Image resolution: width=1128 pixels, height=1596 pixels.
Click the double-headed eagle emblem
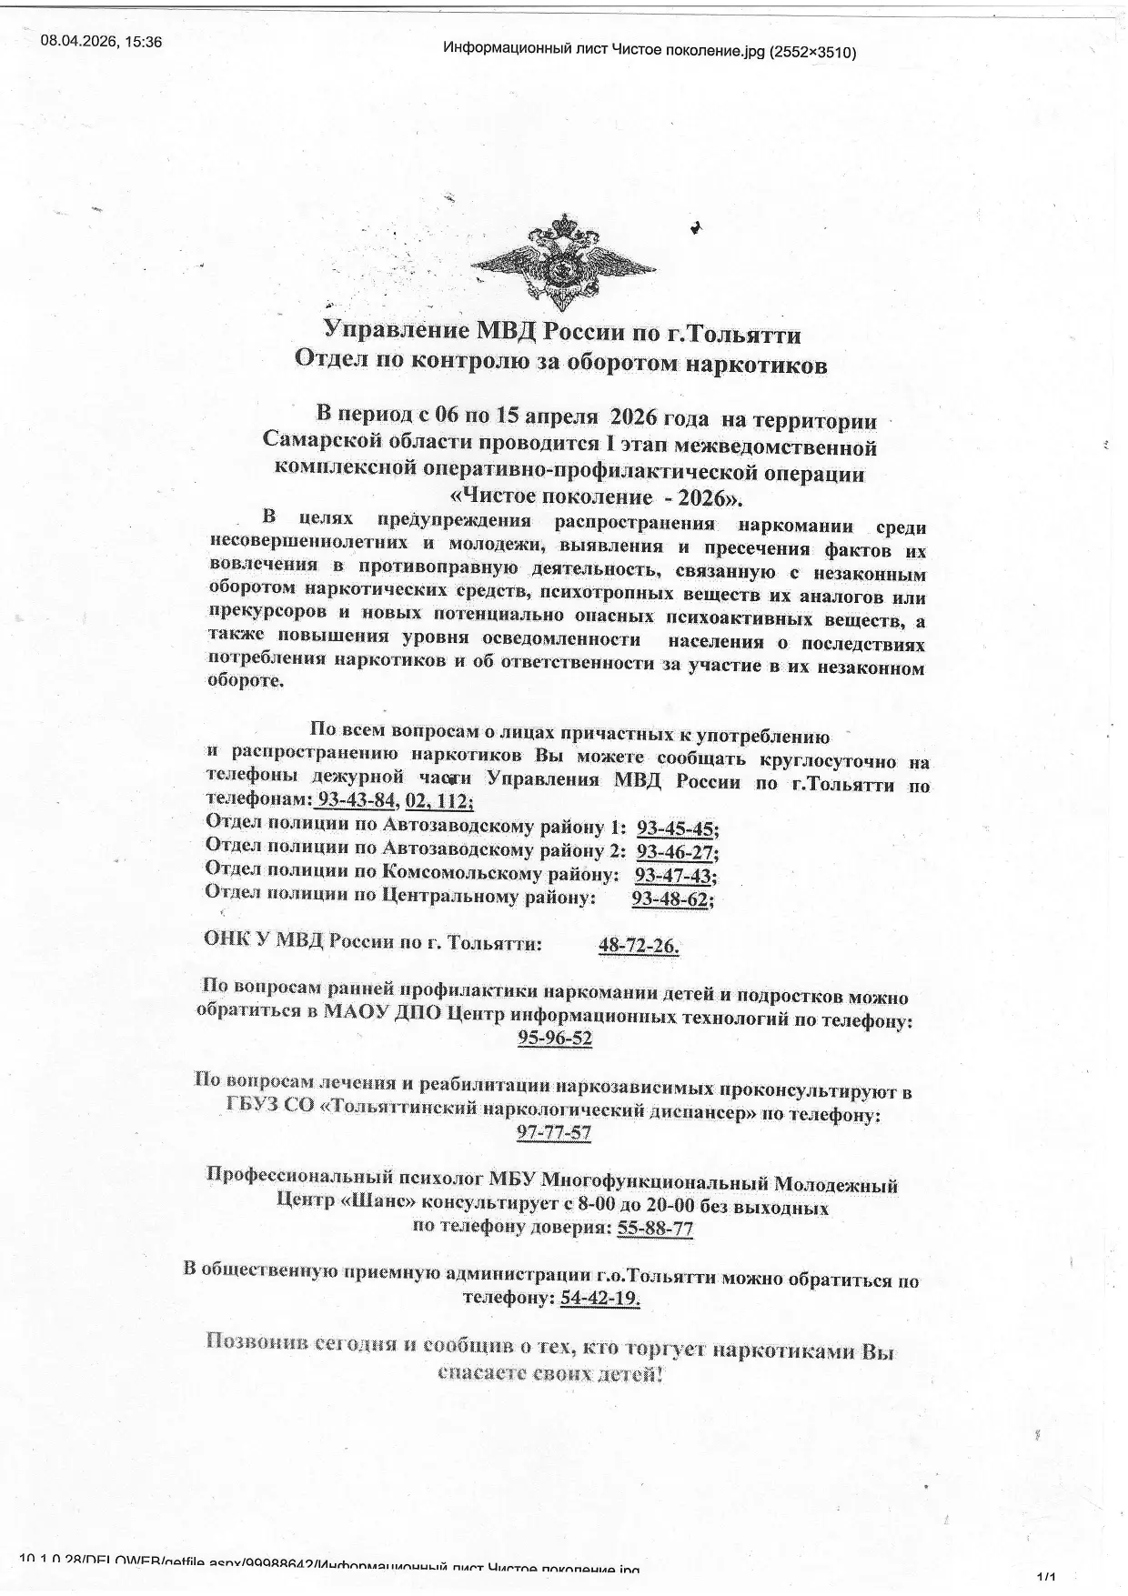click(563, 264)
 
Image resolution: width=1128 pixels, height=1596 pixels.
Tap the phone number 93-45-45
click(676, 828)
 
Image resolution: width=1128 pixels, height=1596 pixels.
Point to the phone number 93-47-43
click(674, 876)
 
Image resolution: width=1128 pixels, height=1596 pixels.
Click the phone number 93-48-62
click(670, 898)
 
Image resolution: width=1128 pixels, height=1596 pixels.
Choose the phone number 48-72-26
click(638, 946)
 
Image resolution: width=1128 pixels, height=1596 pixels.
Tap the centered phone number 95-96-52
click(555, 1039)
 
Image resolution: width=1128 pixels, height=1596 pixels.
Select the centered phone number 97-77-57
click(554, 1133)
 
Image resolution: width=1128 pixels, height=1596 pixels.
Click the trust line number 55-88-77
click(655, 1229)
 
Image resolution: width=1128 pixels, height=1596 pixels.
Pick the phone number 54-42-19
click(599, 1299)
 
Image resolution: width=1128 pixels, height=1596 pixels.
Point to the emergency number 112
click(456, 801)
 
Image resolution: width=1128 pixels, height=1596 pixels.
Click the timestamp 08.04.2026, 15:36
click(101, 41)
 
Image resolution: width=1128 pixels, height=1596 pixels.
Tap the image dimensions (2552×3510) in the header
click(812, 52)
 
